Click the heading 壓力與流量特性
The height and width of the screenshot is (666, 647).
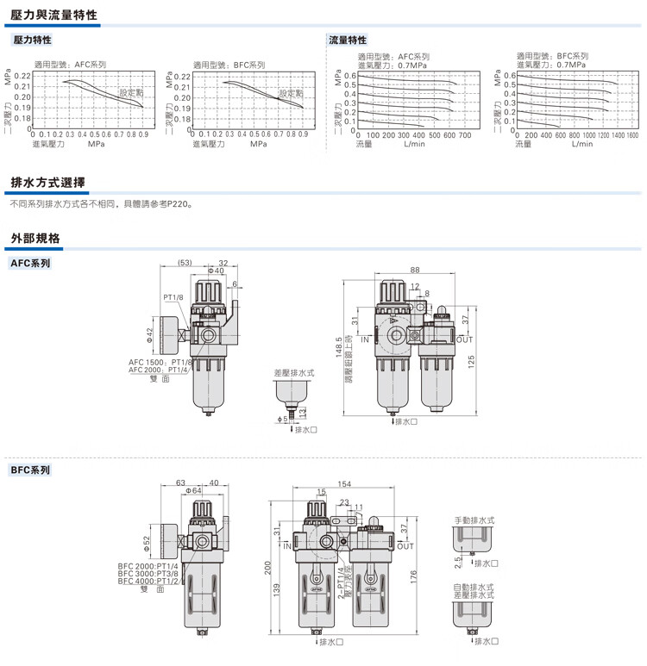point(53,16)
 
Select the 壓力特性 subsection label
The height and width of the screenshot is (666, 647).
point(33,40)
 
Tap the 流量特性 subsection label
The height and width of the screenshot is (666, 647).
point(349,40)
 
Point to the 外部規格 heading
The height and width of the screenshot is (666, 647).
point(35,237)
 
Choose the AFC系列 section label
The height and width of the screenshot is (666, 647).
point(30,263)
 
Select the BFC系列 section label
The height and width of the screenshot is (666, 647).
point(30,470)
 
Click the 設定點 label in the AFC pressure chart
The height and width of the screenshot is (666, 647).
point(132,91)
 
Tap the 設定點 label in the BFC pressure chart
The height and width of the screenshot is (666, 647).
point(292,92)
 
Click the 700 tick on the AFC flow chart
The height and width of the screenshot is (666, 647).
point(464,135)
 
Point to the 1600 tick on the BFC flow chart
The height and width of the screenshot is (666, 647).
point(631,135)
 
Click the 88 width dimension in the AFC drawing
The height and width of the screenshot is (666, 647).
point(415,270)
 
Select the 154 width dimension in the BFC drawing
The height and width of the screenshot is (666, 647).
point(344,483)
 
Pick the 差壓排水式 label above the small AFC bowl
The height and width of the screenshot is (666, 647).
point(294,373)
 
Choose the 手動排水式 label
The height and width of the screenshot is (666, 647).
point(474,520)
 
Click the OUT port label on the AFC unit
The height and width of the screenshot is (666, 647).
point(453,339)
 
